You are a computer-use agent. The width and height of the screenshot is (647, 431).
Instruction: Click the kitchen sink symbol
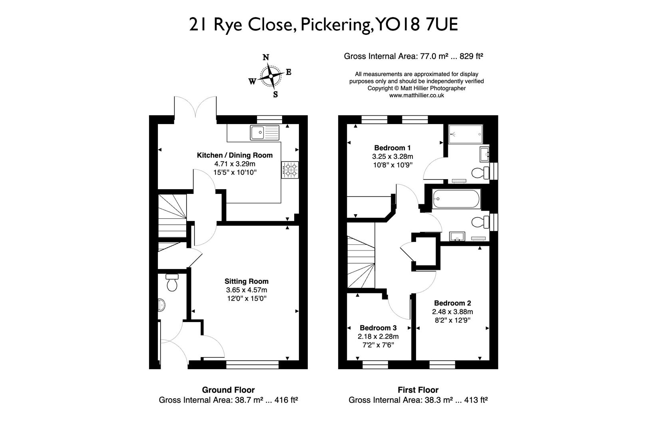tap(265, 132)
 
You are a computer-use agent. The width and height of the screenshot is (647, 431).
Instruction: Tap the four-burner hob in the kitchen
tap(290, 170)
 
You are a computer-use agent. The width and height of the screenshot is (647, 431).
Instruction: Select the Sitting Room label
tap(246, 281)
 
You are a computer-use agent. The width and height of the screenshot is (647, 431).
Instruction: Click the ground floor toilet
tap(172, 283)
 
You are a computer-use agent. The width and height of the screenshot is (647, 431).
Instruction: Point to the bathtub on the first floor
tap(456, 198)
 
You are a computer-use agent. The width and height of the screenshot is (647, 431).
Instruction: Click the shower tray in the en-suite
tap(466, 134)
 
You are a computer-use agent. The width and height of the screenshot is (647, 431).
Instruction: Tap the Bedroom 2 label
tap(452, 303)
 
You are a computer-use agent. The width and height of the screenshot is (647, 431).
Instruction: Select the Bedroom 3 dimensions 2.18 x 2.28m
tap(378, 336)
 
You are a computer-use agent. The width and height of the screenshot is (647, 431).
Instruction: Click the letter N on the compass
tap(265, 57)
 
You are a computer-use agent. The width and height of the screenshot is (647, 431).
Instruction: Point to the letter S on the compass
tap(275, 95)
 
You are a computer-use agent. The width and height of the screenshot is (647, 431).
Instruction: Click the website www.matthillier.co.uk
tap(416, 95)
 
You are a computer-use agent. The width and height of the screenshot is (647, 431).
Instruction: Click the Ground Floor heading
tap(228, 390)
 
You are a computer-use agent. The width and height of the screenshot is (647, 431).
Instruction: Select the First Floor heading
tap(418, 390)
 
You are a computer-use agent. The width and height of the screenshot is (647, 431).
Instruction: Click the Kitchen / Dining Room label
tap(235, 155)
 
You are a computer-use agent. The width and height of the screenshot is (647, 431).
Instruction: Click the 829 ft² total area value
tap(471, 56)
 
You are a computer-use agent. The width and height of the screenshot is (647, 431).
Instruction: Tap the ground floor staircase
tap(173, 217)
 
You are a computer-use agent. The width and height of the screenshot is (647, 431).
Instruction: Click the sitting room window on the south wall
tap(252, 364)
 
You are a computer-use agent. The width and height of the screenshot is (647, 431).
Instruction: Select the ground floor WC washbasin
tap(161, 305)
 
